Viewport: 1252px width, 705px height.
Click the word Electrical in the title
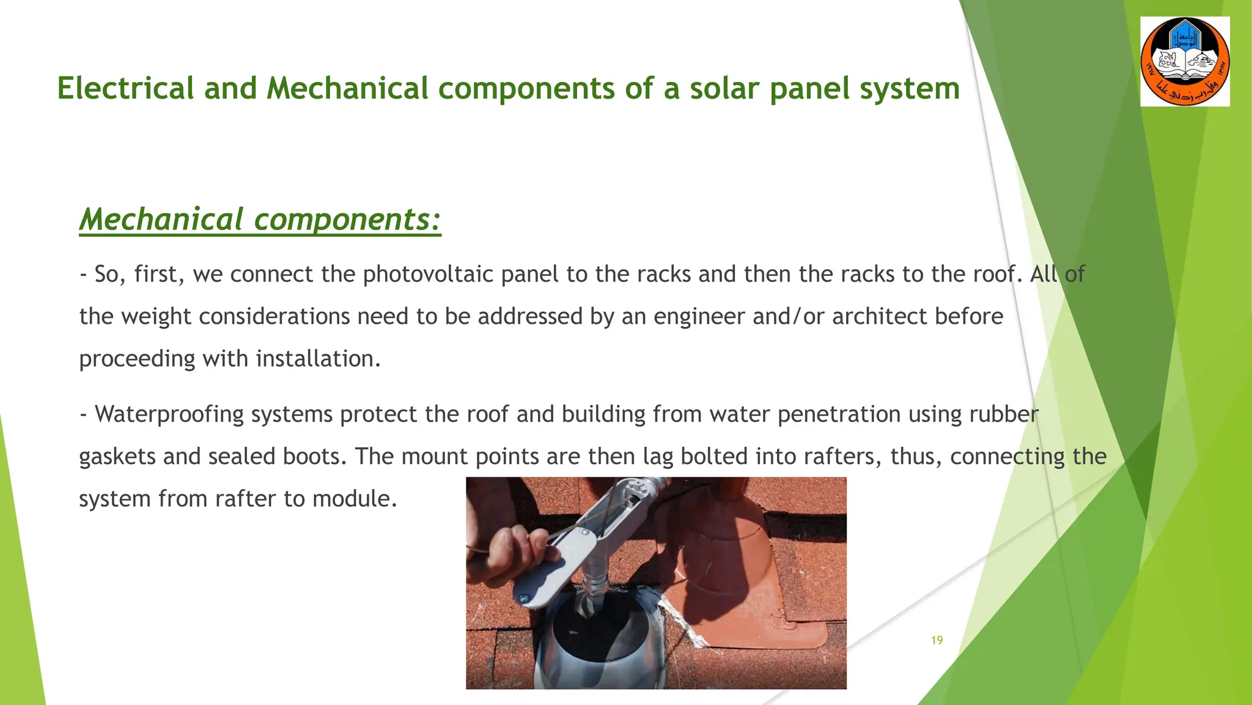click(125, 88)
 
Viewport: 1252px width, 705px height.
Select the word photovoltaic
click(428, 274)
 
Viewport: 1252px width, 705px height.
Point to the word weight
click(156, 316)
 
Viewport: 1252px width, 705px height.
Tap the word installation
click(319, 359)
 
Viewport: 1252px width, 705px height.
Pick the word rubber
click(1004, 414)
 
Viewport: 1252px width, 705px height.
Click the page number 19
click(937, 640)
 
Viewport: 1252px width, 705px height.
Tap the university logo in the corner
click(1185, 62)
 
